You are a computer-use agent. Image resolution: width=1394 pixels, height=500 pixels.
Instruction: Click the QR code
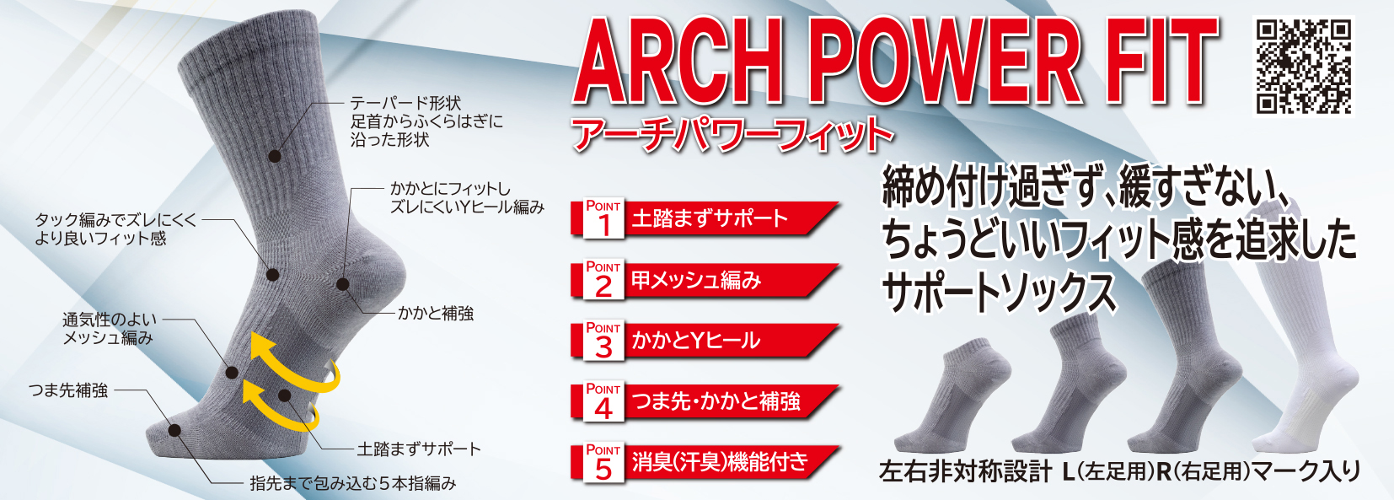point(1303,66)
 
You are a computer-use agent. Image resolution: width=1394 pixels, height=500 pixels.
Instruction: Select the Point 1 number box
point(603,218)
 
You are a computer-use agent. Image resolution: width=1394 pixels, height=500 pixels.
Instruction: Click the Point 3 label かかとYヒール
point(695,341)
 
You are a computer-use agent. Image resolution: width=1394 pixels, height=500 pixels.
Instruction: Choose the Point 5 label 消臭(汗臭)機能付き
point(720,462)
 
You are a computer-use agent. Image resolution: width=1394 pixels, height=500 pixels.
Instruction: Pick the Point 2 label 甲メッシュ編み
point(696,280)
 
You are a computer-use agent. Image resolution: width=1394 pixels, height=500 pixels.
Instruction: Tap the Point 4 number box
point(603,401)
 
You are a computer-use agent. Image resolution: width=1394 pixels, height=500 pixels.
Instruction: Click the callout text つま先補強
point(68,390)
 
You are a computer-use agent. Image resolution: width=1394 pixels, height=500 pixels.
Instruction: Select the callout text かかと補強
point(436,313)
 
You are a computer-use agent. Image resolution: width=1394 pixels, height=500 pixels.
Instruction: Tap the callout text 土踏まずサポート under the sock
point(420,449)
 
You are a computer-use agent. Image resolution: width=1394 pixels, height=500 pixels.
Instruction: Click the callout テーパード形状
point(405,103)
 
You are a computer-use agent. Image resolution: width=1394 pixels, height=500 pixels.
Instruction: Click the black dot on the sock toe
point(174,430)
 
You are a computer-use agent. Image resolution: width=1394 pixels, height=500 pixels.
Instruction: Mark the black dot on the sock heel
point(342,284)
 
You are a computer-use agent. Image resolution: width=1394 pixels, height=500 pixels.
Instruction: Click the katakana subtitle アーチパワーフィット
point(732,135)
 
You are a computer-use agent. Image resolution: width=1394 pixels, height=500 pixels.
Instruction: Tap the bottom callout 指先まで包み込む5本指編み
point(353,483)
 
